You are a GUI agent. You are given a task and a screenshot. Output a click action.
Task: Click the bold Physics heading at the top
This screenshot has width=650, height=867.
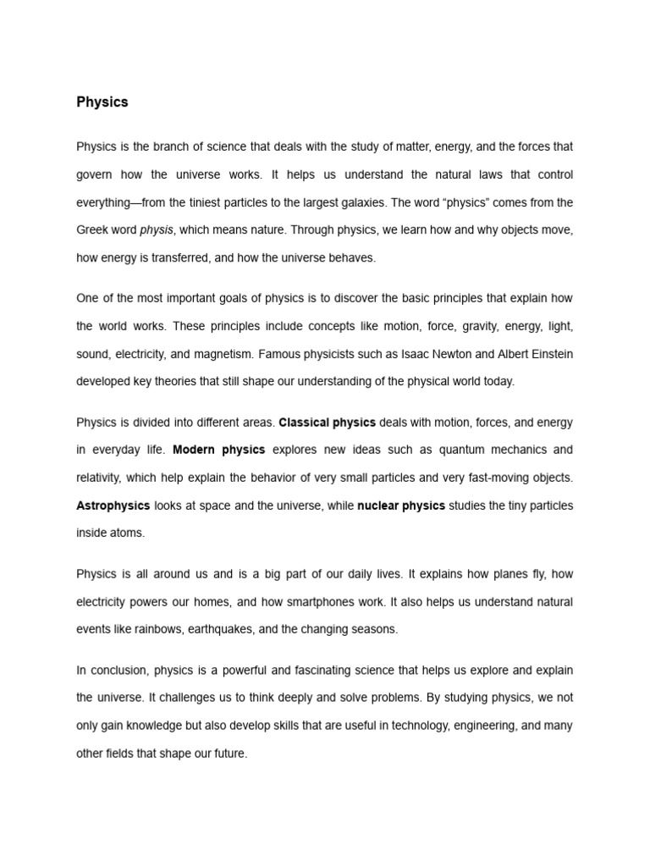[102, 102]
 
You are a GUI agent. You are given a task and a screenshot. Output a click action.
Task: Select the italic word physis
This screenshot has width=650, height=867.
[157, 230]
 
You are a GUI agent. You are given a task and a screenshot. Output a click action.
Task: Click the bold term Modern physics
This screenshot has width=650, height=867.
[218, 450]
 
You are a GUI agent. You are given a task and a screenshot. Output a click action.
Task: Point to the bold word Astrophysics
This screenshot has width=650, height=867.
[113, 505]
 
